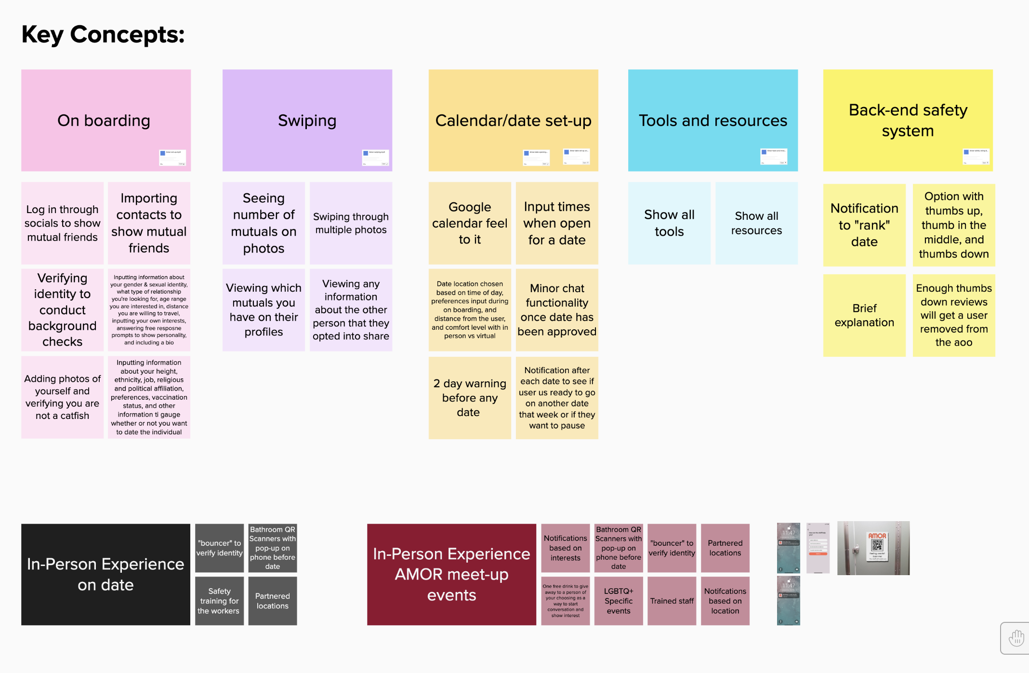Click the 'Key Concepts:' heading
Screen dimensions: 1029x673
pyautogui.click(x=103, y=35)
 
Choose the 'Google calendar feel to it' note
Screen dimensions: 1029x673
pyautogui.click(x=470, y=223)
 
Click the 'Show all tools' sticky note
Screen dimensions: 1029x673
pyautogui.click(x=669, y=223)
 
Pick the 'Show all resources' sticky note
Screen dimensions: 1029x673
pyautogui.click(x=756, y=223)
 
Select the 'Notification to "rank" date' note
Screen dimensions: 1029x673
pyautogui.click(x=864, y=225)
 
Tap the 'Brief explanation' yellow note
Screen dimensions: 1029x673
pyautogui.click(x=864, y=315)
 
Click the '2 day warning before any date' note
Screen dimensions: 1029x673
pyautogui.click(x=470, y=398)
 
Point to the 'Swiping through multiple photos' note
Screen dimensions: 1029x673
pyautogui.click(x=351, y=223)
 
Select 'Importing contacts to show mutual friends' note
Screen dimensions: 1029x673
pyautogui.click(x=149, y=223)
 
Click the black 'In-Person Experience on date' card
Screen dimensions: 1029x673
pyautogui.click(x=106, y=574)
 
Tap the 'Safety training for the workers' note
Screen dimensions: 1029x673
pyautogui.click(x=219, y=601)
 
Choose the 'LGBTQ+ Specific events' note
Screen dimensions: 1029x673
pyautogui.click(x=619, y=601)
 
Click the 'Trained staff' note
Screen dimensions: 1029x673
pyautogui.click(x=672, y=601)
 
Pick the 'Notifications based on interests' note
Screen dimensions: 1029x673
pyautogui.click(x=565, y=548)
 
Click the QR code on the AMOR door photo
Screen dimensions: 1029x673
pyautogui.click(x=877, y=546)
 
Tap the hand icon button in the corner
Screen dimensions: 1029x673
pyautogui.click(x=1016, y=638)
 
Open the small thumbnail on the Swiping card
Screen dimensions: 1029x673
pyautogui.click(x=375, y=158)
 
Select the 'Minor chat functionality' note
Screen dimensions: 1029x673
pyautogui.click(x=557, y=310)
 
